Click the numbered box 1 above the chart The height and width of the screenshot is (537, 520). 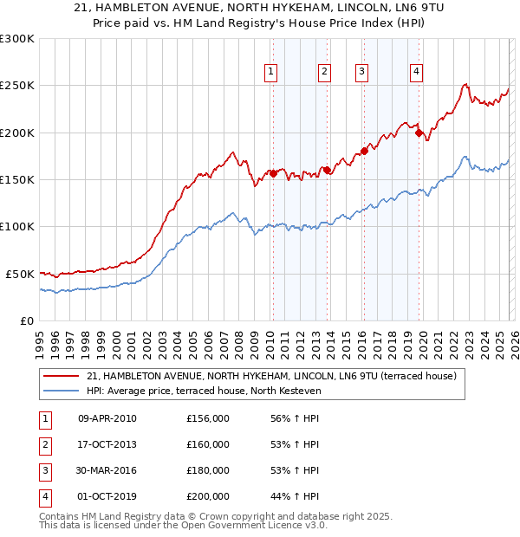271,72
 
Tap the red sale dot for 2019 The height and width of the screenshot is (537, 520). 419,133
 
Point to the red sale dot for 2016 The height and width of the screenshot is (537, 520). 364,152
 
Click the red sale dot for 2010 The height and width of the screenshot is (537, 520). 273,173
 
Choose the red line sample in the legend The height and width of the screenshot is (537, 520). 61,377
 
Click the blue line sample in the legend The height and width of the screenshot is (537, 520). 61,391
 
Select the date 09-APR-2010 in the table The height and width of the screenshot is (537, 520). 107,419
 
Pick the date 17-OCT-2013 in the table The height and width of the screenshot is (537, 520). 107,444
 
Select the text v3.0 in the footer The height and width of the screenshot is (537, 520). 314,525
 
